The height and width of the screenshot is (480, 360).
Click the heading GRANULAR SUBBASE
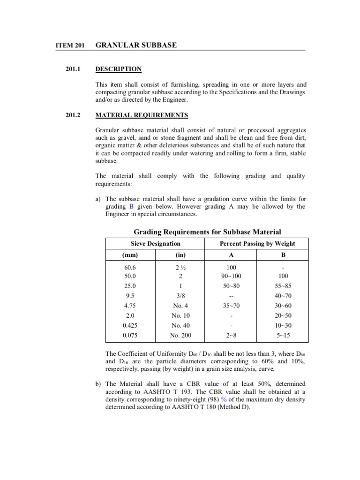(136, 45)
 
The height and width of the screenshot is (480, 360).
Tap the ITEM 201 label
(69, 45)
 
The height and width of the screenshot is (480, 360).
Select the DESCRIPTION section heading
(118, 69)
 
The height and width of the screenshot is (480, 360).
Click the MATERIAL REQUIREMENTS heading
(142, 115)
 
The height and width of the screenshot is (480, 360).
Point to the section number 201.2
(74, 115)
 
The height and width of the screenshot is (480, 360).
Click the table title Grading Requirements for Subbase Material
(208, 232)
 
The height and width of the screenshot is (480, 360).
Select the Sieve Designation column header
(155, 243)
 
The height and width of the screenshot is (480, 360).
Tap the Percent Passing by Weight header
(257, 243)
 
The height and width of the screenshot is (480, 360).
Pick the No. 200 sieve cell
(181, 336)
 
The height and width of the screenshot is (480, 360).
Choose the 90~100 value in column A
(231, 276)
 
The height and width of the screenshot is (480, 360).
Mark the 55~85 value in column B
(283, 285)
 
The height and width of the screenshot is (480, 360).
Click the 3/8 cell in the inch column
(181, 296)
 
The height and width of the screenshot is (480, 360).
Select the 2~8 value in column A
(231, 336)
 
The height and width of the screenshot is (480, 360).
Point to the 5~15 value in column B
(283, 336)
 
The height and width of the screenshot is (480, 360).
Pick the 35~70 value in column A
(231, 306)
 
